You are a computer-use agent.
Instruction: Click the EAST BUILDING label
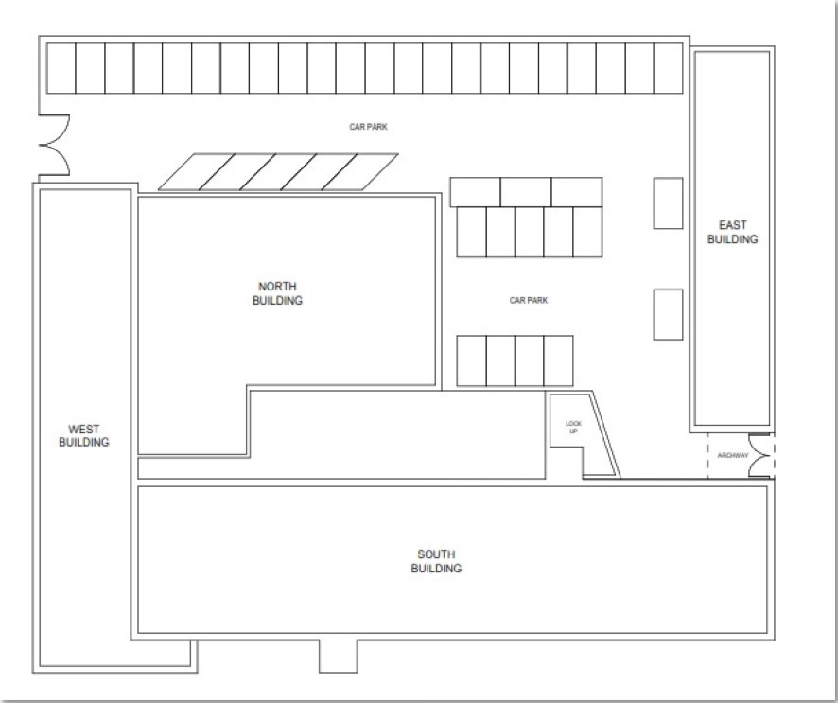[x=732, y=232]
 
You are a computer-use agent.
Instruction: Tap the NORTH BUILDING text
[x=277, y=293]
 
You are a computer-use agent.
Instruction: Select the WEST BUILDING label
[x=84, y=435]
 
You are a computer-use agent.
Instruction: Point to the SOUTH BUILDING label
[x=436, y=561]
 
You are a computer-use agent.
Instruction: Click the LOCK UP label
[x=573, y=427]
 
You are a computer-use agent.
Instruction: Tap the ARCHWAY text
[x=733, y=455]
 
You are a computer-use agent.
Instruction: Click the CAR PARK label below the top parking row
[x=368, y=127]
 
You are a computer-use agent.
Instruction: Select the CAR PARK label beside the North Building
[x=529, y=301]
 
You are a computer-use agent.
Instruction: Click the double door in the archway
[x=759, y=455]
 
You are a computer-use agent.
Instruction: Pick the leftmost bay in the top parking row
[x=61, y=68]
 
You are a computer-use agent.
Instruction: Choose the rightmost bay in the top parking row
[x=669, y=68]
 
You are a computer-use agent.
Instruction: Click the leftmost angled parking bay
[x=197, y=171]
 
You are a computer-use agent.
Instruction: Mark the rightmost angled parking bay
[x=359, y=171]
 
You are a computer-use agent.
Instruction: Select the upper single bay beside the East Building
[x=668, y=203]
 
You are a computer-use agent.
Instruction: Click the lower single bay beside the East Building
[x=668, y=314]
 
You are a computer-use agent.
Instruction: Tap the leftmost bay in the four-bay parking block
[x=471, y=360]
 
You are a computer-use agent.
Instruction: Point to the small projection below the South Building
[x=339, y=656]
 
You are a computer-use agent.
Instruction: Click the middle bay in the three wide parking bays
[x=526, y=192]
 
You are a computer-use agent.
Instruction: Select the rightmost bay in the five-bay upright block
[x=588, y=232]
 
